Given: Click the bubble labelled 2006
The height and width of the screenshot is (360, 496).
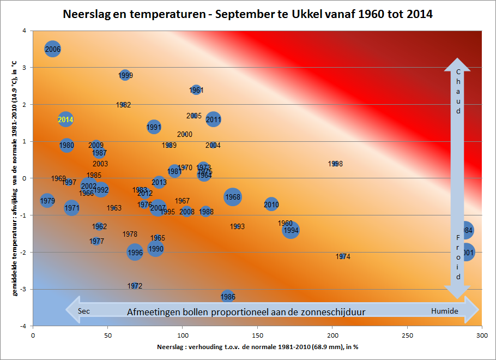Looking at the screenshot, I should click(52, 50).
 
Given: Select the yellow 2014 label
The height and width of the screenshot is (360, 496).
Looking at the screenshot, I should click(65, 119).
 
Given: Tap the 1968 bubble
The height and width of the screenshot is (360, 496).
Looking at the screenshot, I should click(233, 197).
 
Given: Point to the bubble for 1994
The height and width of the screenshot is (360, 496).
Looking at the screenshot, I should click(291, 230).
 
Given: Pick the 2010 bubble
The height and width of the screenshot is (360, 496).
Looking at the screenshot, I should click(271, 205).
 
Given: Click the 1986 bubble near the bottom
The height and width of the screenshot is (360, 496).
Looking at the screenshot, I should click(228, 297).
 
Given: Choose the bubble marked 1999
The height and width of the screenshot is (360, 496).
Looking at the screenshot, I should click(125, 75).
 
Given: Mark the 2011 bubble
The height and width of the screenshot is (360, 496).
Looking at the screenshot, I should click(213, 119).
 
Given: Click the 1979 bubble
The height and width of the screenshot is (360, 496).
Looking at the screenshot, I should click(47, 201).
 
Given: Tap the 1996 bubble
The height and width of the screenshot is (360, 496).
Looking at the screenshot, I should click(135, 252).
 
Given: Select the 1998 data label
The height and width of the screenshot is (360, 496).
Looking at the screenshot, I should click(335, 164).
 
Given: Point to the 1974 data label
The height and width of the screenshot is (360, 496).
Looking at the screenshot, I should click(343, 256).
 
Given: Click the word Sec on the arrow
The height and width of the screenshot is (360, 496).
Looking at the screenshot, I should click(83, 311).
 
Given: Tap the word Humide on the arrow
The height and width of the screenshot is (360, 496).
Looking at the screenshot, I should click(444, 311).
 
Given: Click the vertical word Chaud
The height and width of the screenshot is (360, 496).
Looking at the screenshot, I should click(458, 91).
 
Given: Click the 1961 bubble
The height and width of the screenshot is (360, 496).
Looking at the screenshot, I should click(196, 90).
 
